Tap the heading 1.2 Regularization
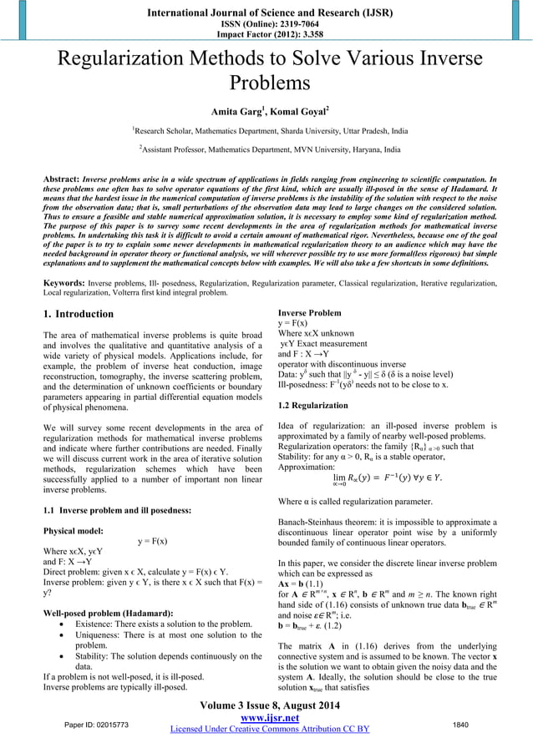tap(312, 405)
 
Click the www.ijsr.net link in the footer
tap(266, 717)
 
